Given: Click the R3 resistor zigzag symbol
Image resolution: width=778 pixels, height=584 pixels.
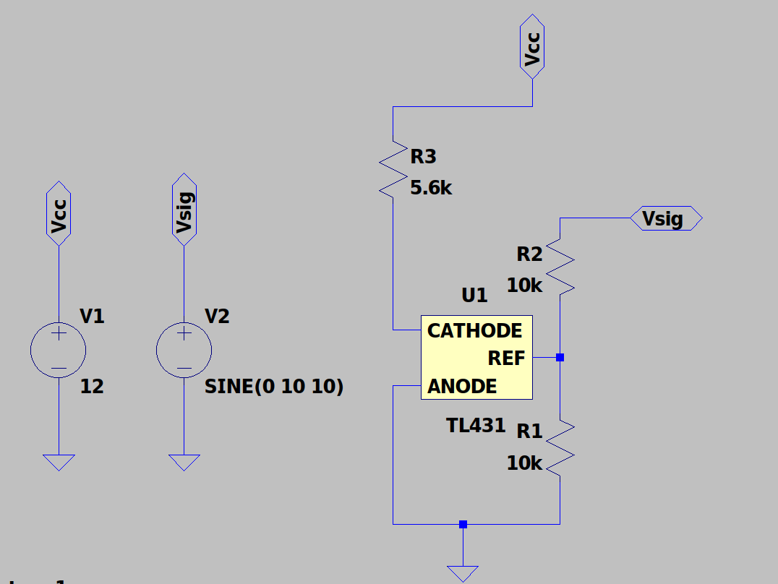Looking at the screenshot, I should pyautogui.click(x=393, y=169).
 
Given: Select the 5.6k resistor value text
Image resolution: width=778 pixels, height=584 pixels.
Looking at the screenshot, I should pyautogui.click(x=431, y=189).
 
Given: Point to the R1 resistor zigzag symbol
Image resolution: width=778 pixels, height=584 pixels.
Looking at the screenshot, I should pyautogui.click(x=560, y=449).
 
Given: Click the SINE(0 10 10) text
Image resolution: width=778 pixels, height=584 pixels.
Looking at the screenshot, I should pyautogui.click(x=274, y=387).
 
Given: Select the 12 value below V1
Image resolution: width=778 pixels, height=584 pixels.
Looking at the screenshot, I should pyautogui.click(x=92, y=387).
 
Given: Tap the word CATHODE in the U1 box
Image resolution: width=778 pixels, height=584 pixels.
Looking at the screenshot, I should pyautogui.click(x=474, y=331).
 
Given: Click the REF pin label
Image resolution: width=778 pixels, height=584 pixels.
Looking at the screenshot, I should pyautogui.click(x=506, y=358).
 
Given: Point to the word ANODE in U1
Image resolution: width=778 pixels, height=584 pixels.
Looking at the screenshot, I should pyautogui.click(x=462, y=387).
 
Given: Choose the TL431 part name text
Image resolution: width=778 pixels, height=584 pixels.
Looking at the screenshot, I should pyautogui.click(x=476, y=426).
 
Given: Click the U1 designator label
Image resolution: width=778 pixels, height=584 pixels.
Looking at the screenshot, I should pyautogui.click(x=474, y=296).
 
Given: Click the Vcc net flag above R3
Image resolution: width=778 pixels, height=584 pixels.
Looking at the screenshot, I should pyautogui.click(x=533, y=46).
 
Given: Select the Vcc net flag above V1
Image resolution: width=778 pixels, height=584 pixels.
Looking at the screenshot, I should pyautogui.click(x=59, y=213).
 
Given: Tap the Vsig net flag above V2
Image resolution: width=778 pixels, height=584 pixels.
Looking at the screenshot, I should pyautogui.click(x=184, y=209).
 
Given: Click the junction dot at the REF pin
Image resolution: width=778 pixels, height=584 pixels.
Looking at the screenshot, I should pyautogui.click(x=560, y=357).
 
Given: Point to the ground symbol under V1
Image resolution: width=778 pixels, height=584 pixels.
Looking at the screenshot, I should pyautogui.click(x=59, y=462).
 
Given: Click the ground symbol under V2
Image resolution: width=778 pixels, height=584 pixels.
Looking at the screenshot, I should pyautogui.click(x=184, y=462).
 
